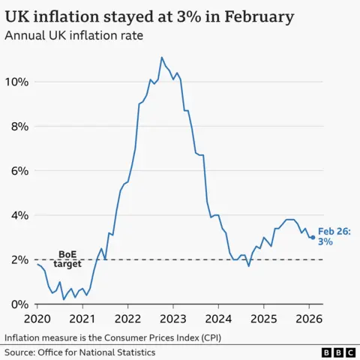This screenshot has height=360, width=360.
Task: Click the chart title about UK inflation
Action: (x=149, y=16)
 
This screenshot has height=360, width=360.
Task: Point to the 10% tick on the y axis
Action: (x=19, y=82)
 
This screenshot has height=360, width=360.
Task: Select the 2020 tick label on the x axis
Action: (x=37, y=318)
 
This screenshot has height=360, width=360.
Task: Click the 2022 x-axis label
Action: (x=127, y=318)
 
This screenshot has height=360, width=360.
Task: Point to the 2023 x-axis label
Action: (x=173, y=318)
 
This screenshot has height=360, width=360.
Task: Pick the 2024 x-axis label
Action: (x=218, y=318)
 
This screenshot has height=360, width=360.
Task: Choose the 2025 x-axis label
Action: (x=263, y=318)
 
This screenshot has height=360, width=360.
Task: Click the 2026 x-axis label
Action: (x=308, y=318)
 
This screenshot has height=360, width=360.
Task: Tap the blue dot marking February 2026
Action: (x=313, y=237)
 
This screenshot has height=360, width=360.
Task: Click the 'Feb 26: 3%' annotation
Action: (x=334, y=237)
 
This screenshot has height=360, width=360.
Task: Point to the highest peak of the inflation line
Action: (x=161, y=58)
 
